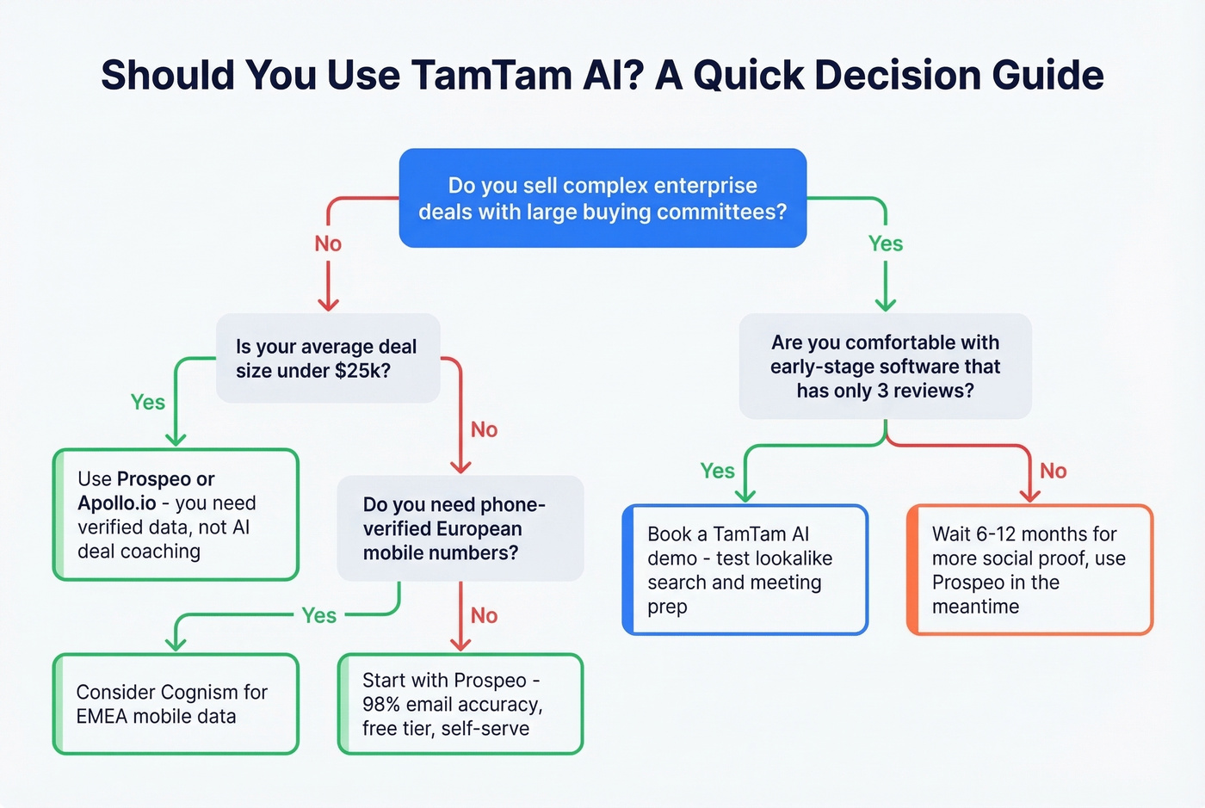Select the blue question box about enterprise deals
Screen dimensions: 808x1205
click(x=602, y=198)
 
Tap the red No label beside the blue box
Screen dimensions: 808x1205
click(x=328, y=244)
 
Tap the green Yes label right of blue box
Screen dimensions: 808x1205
click(x=886, y=244)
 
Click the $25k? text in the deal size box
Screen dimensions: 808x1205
click(x=362, y=371)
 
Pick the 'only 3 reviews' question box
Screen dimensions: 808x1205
click(x=885, y=367)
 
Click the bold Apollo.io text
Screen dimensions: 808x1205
click(x=117, y=503)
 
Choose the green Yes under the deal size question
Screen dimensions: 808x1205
click(x=148, y=402)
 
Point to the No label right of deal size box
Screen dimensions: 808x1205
click(x=484, y=429)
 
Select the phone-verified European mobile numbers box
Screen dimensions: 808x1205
click(x=460, y=528)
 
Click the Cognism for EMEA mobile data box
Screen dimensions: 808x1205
click(x=176, y=704)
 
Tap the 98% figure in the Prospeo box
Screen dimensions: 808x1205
click(x=381, y=705)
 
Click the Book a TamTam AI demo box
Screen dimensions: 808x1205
click(x=745, y=570)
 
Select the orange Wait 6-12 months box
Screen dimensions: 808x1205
click(x=1029, y=570)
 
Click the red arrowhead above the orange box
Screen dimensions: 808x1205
click(x=1029, y=495)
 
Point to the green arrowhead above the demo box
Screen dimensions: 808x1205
click(x=745, y=495)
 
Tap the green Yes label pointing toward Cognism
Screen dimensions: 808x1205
click(x=318, y=615)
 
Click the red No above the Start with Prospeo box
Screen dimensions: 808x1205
click(x=484, y=615)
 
